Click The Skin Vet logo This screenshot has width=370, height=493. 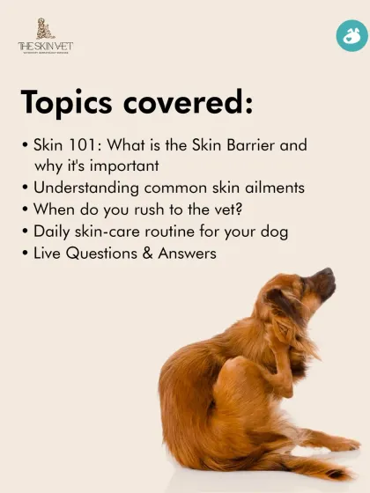(44, 37)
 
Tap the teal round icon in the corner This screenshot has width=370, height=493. (351, 37)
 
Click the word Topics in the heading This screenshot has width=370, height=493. (70, 103)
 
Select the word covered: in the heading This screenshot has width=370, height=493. (188, 103)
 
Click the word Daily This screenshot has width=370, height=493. (53, 232)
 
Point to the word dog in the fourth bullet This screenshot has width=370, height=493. (274, 232)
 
